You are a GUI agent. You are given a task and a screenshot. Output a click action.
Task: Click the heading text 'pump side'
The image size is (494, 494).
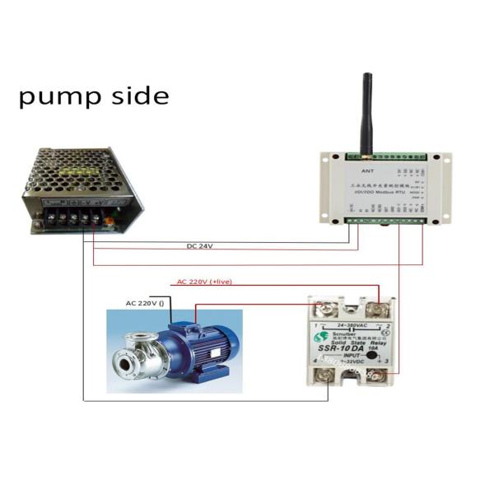(x=94, y=96)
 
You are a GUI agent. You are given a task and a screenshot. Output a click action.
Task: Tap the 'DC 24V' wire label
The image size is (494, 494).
(x=200, y=246)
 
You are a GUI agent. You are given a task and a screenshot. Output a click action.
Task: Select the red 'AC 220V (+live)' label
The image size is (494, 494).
(x=204, y=282)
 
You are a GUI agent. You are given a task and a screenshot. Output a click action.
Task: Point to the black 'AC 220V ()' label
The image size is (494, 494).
(x=146, y=303)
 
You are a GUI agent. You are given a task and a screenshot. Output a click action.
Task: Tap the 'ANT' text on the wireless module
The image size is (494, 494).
(x=368, y=171)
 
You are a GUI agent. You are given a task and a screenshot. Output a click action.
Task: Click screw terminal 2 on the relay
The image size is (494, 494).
(x=379, y=310)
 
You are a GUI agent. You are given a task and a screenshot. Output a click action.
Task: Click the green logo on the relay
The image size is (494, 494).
(x=319, y=338)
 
